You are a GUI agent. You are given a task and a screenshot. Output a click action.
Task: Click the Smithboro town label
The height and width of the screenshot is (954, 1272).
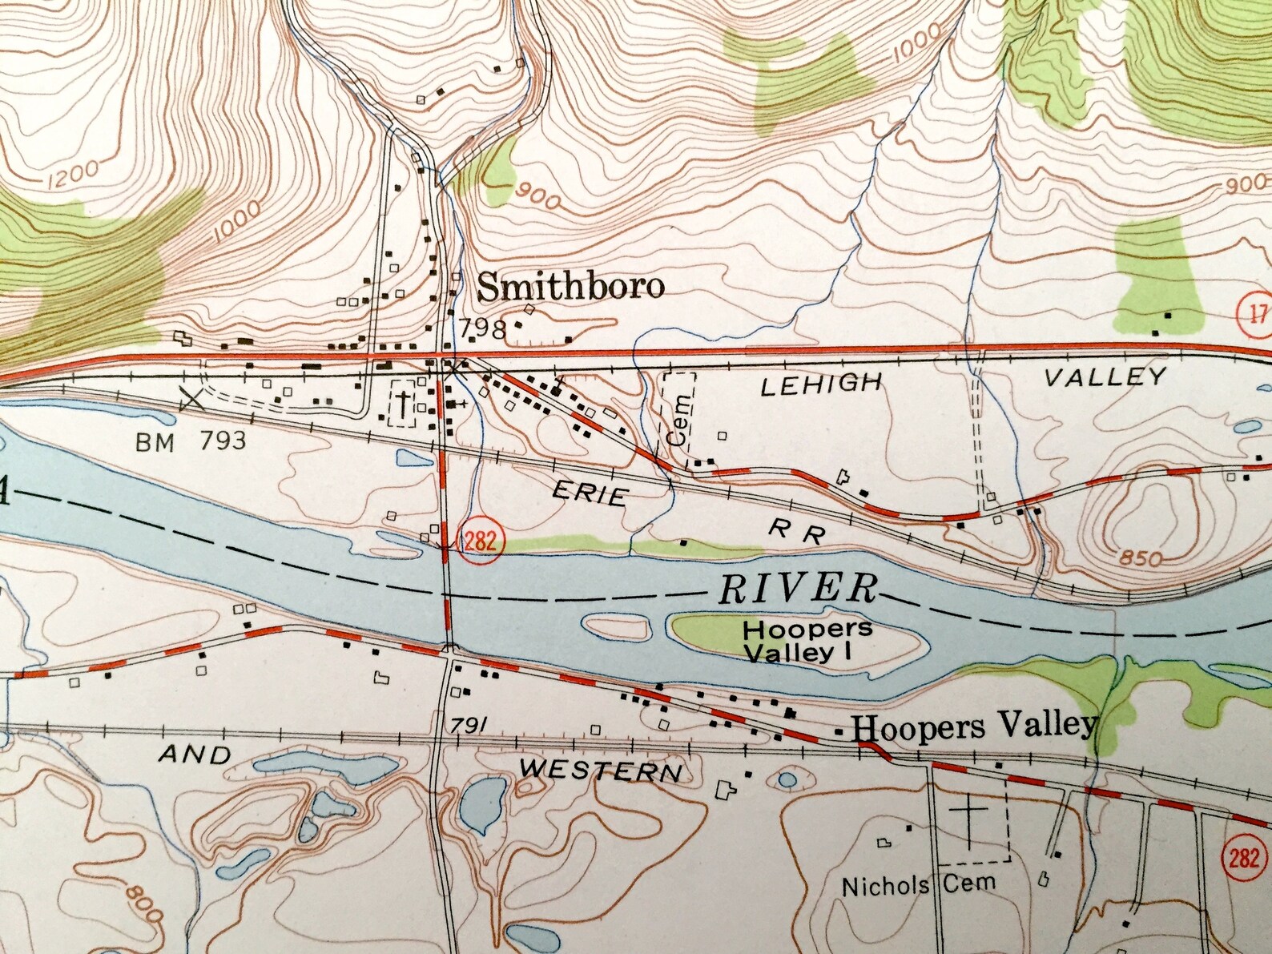(570, 287)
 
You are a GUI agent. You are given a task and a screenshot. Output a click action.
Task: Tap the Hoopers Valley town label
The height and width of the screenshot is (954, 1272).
(973, 727)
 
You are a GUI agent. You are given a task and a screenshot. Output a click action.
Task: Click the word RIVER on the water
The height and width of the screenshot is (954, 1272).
(797, 589)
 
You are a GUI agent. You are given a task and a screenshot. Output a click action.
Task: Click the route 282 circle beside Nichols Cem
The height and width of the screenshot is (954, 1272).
(1243, 858)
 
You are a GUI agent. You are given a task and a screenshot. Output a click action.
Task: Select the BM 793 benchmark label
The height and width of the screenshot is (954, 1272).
(191, 441)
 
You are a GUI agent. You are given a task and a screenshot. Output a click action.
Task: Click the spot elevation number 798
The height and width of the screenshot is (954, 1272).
(483, 328)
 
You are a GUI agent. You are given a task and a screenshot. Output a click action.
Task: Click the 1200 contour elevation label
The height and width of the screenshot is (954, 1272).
(73, 173)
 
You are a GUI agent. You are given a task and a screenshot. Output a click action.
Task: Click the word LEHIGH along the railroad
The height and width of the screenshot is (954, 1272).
(820, 385)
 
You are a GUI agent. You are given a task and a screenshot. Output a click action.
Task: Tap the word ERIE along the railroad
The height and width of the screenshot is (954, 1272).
(590, 493)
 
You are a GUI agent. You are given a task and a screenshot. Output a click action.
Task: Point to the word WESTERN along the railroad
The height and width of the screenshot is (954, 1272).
(601, 771)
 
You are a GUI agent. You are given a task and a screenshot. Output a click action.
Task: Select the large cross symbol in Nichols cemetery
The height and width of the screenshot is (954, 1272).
(970, 825)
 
